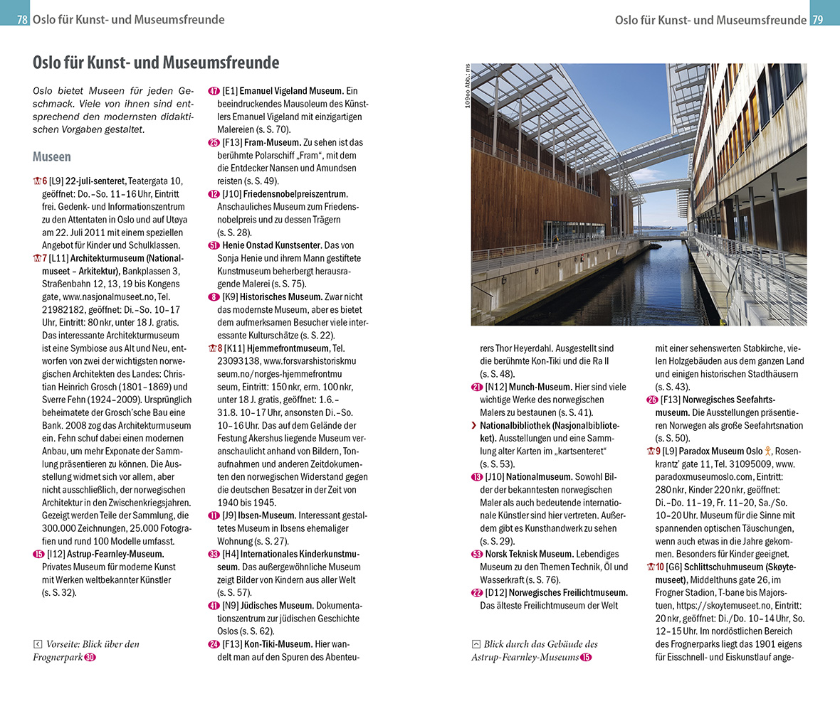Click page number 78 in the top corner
click(22, 20)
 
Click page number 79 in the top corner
click(817, 20)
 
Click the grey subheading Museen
click(52, 156)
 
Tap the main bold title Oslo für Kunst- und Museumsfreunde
click(156, 63)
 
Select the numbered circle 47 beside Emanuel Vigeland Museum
click(214, 91)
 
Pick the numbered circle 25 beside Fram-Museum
click(214, 142)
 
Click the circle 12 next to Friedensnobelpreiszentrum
click(214, 193)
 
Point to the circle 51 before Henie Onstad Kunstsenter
click(214, 245)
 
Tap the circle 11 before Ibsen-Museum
click(214, 515)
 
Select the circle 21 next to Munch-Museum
click(477, 387)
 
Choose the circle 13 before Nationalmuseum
click(477, 476)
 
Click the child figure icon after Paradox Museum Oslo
click(768, 451)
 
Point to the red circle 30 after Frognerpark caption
click(90, 657)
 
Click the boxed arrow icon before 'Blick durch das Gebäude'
click(476, 644)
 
